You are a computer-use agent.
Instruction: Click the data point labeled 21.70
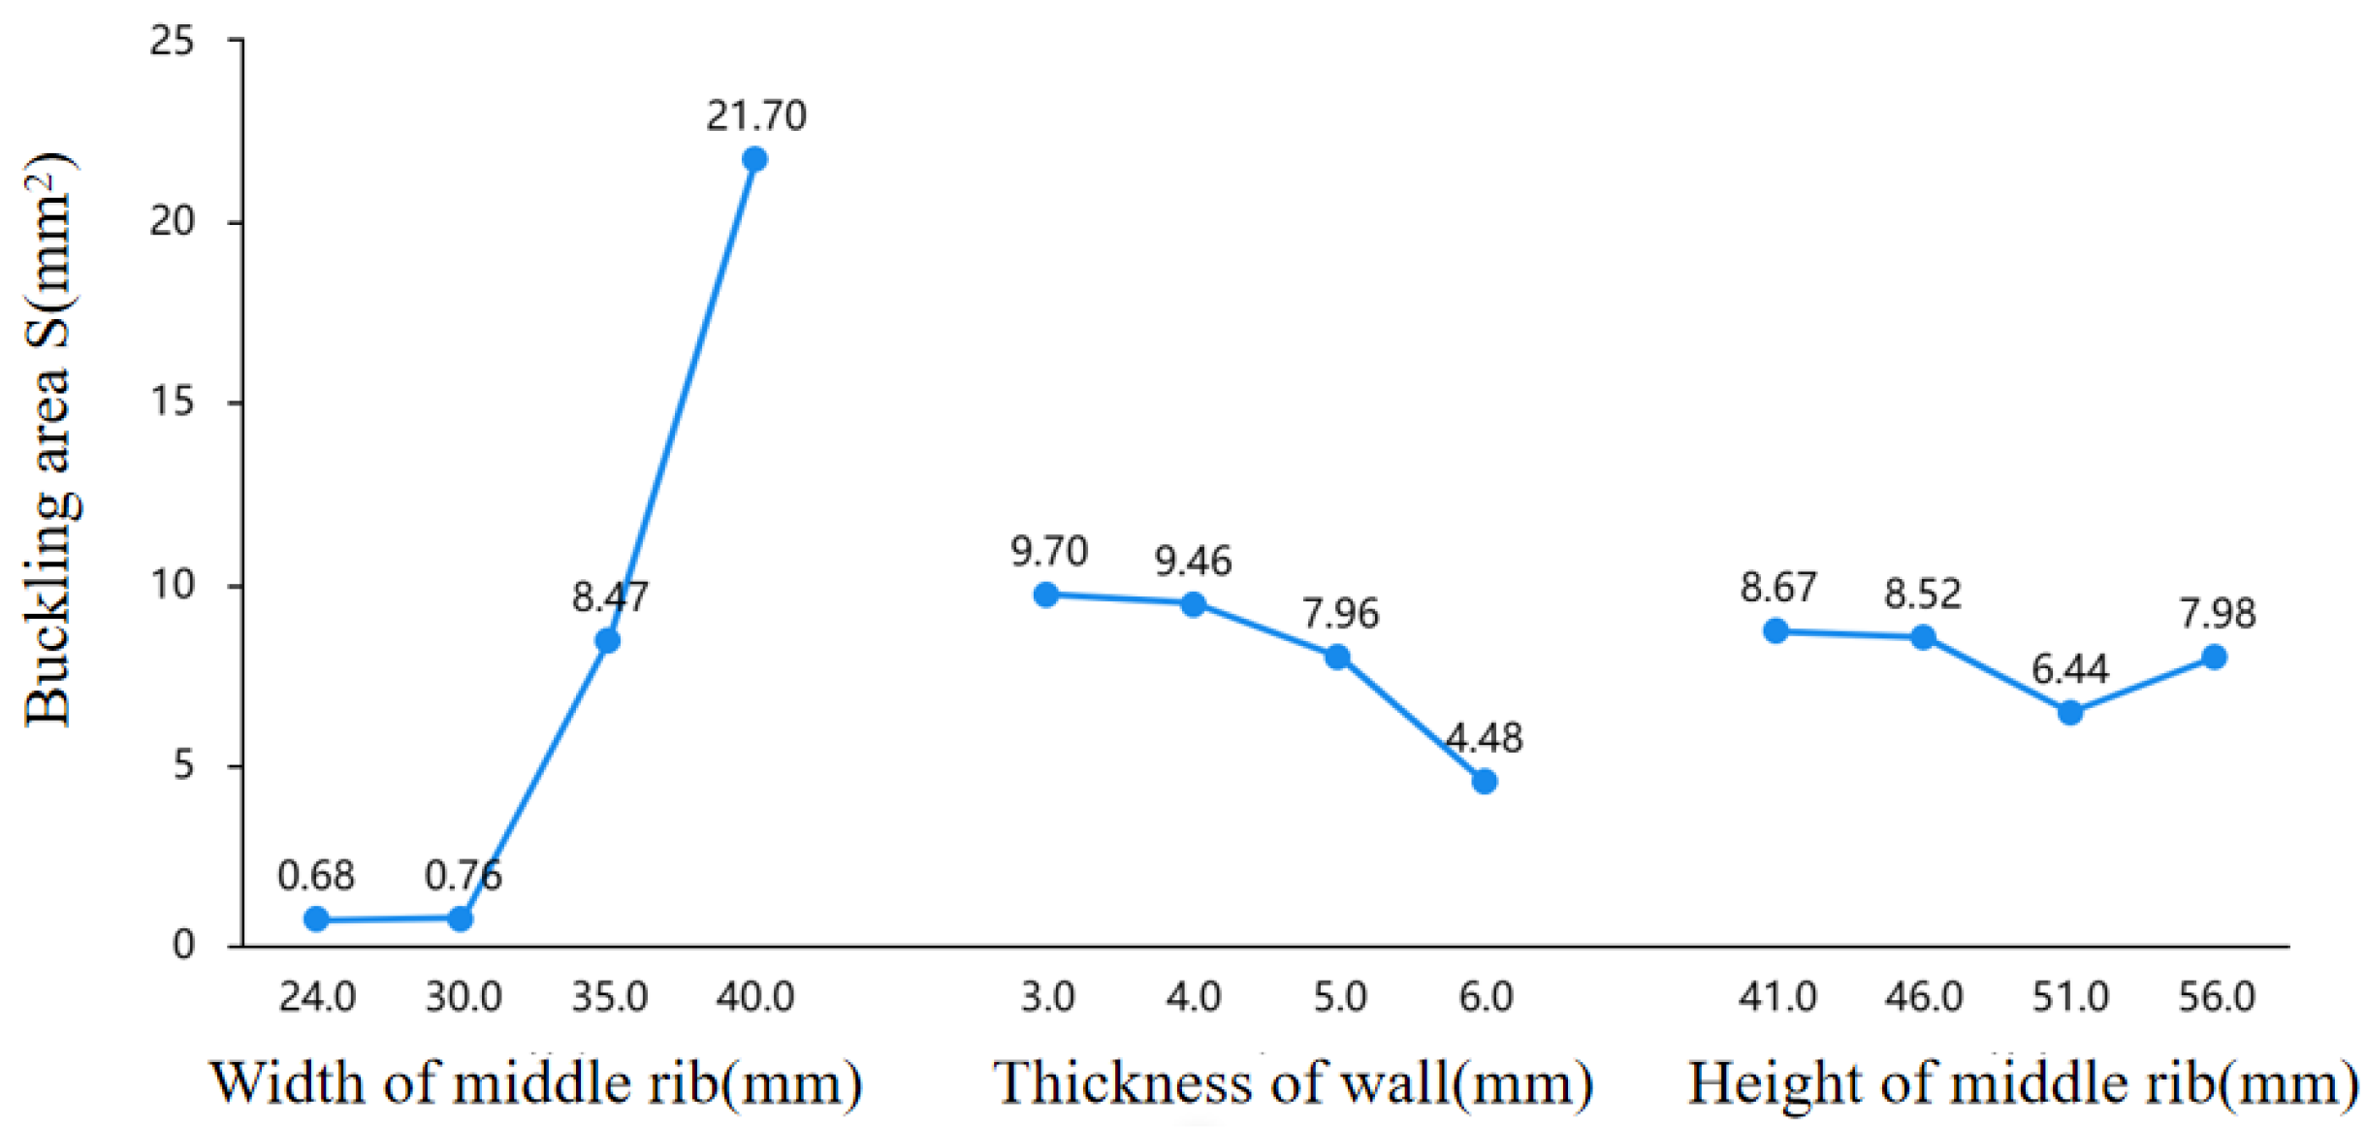(x=754, y=159)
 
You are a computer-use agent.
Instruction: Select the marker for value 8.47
(x=608, y=641)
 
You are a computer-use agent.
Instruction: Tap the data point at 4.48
(x=1485, y=782)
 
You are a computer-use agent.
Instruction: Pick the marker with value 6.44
(x=2070, y=713)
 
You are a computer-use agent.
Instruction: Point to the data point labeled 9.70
(x=1046, y=595)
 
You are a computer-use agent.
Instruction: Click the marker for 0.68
(x=316, y=919)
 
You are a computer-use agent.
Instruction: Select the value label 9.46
(x=1193, y=561)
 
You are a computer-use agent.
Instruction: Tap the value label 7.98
(x=2218, y=613)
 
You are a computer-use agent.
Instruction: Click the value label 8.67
(x=1777, y=587)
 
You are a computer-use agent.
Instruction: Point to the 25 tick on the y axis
(x=172, y=41)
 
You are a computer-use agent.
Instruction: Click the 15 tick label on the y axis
(x=172, y=402)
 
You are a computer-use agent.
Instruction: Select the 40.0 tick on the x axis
(x=755, y=997)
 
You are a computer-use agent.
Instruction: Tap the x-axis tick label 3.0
(x=1047, y=997)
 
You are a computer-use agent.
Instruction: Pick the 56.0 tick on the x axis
(x=2217, y=997)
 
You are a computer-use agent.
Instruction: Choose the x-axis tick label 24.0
(x=317, y=997)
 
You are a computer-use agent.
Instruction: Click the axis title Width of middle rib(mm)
(x=536, y=1083)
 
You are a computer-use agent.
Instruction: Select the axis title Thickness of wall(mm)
(x=1293, y=1083)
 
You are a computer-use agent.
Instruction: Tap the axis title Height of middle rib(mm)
(x=2023, y=1083)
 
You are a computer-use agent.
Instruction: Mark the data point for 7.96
(x=1338, y=657)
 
